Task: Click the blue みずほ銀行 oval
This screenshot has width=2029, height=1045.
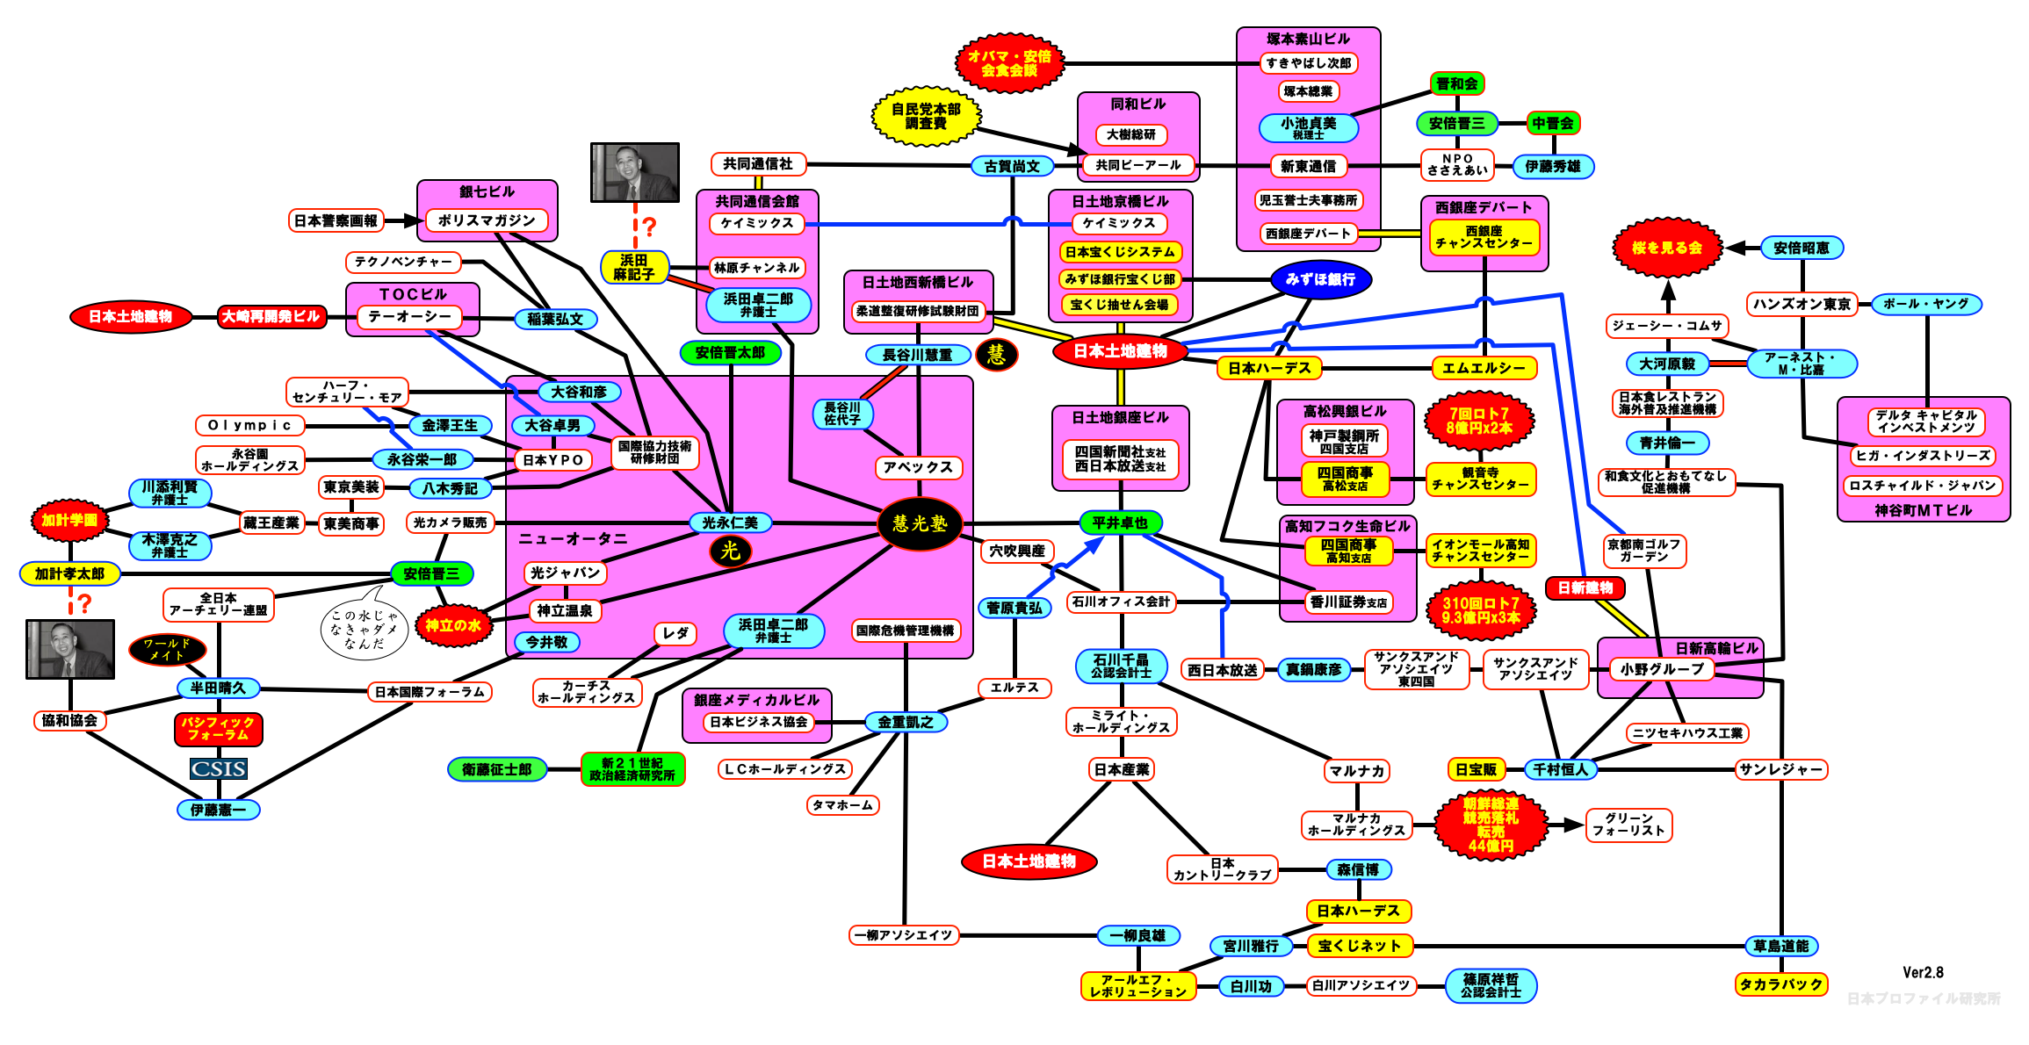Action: (1320, 279)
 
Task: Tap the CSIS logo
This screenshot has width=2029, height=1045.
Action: (219, 769)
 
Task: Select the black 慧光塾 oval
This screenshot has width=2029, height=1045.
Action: (920, 523)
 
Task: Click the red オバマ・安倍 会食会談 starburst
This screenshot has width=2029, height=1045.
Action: (1009, 63)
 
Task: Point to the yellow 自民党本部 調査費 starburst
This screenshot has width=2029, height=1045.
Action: (926, 116)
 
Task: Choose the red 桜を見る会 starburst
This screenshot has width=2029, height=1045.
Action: (1666, 248)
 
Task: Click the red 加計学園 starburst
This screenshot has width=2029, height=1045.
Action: (69, 520)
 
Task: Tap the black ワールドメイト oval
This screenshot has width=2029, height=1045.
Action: (167, 650)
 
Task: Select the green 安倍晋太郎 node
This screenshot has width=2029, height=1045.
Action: (730, 352)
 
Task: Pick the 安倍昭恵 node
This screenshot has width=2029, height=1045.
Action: (1802, 248)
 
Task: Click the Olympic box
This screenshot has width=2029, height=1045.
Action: (249, 425)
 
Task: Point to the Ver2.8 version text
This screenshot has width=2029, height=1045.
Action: (1923, 972)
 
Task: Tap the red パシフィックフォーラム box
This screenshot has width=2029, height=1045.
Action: (219, 728)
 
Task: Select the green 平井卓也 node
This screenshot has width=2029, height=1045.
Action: (1120, 522)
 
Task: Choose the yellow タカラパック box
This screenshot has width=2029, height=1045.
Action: (1781, 984)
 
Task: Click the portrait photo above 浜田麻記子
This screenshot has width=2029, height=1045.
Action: (635, 172)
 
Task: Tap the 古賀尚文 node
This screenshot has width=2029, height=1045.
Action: (1012, 165)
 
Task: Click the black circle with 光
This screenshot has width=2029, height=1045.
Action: (730, 551)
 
